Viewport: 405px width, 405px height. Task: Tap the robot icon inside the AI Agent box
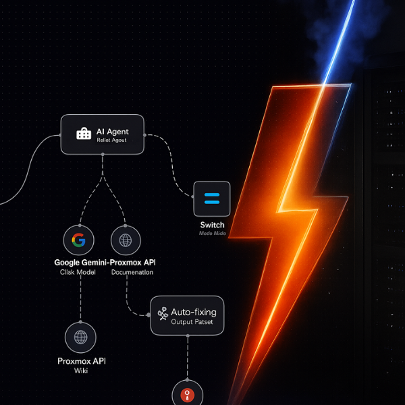[83, 134]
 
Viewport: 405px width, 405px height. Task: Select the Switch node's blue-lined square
[212, 198]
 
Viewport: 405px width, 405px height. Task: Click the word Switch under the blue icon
[212, 225]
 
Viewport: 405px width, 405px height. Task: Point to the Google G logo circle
[79, 240]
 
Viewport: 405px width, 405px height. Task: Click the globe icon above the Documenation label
[126, 240]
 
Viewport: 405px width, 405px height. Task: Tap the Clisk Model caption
[79, 272]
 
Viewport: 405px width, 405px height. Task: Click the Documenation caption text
[132, 272]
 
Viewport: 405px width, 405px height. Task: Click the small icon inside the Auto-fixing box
[162, 314]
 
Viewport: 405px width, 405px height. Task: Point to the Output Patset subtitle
[192, 323]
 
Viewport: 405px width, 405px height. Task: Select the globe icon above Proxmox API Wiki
[81, 336]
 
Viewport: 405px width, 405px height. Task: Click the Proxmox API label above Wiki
[81, 361]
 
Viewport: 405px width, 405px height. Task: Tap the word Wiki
[81, 371]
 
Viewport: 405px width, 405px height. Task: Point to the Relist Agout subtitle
[111, 140]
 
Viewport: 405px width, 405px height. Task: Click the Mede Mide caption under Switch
[212, 234]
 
